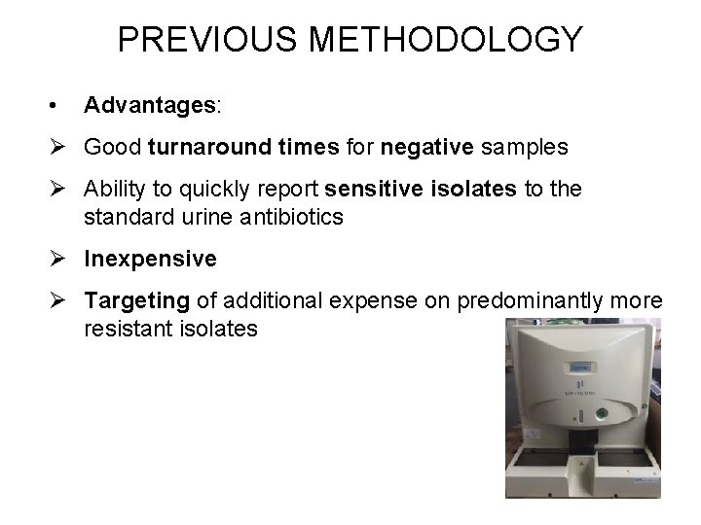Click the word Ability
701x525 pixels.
(x=113, y=190)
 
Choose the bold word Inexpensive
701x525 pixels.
(x=150, y=260)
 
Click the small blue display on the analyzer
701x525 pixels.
(x=582, y=367)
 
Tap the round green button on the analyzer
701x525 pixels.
(x=602, y=414)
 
